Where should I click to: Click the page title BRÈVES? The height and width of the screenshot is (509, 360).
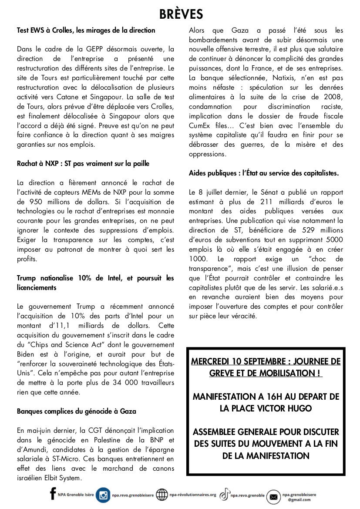click(x=181, y=14)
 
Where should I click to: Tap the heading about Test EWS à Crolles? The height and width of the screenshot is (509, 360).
click(x=86, y=30)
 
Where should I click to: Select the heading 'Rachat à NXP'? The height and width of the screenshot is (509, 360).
click(x=83, y=164)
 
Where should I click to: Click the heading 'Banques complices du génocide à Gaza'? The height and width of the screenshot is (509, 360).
click(x=77, y=411)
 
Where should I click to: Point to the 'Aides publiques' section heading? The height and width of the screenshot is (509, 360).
click(x=264, y=173)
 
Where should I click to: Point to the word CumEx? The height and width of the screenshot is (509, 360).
click(x=199, y=125)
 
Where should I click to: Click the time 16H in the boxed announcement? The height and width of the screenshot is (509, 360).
click(x=276, y=397)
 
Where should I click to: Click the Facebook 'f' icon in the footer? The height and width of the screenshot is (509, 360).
click(x=53, y=494)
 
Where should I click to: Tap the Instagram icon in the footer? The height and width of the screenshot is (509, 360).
click(x=103, y=495)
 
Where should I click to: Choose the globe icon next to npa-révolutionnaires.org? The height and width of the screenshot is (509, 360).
click(x=161, y=495)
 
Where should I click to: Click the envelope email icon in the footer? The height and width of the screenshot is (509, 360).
click(x=273, y=496)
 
